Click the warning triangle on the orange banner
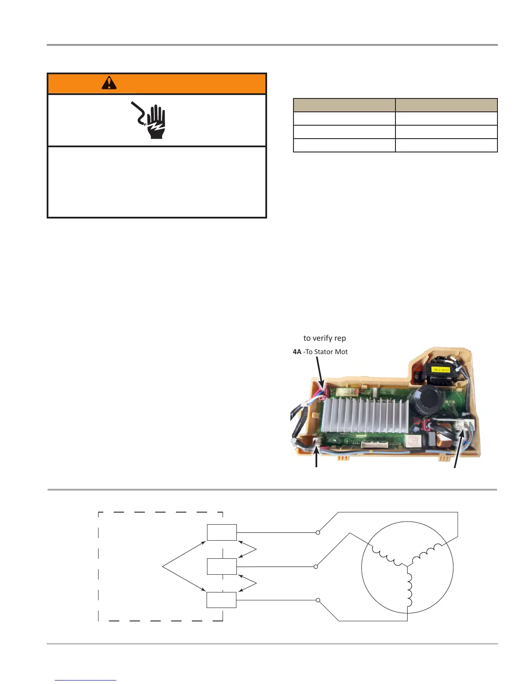[109, 82]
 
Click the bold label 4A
[297, 352]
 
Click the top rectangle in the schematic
[222, 532]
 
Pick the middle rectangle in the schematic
[222, 566]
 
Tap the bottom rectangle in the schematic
[222, 600]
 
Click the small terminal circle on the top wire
[318, 532]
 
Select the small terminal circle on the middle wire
[316, 566]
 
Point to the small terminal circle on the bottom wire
[318, 600]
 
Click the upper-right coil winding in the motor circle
[428, 554]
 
